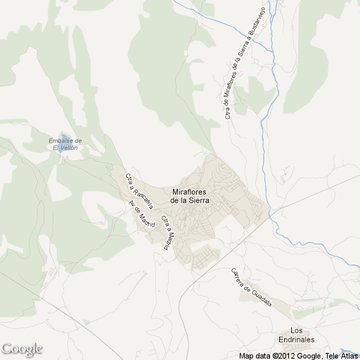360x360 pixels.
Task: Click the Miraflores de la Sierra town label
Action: (x=193, y=195)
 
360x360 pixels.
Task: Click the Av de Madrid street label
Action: (x=141, y=214)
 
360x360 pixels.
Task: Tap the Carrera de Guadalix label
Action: (x=251, y=287)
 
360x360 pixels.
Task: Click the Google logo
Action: (x=22, y=349)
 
